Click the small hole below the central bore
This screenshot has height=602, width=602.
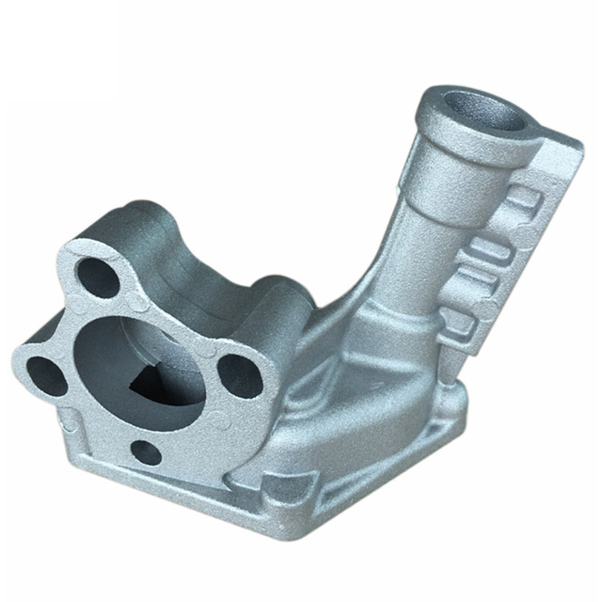point(145,452)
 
